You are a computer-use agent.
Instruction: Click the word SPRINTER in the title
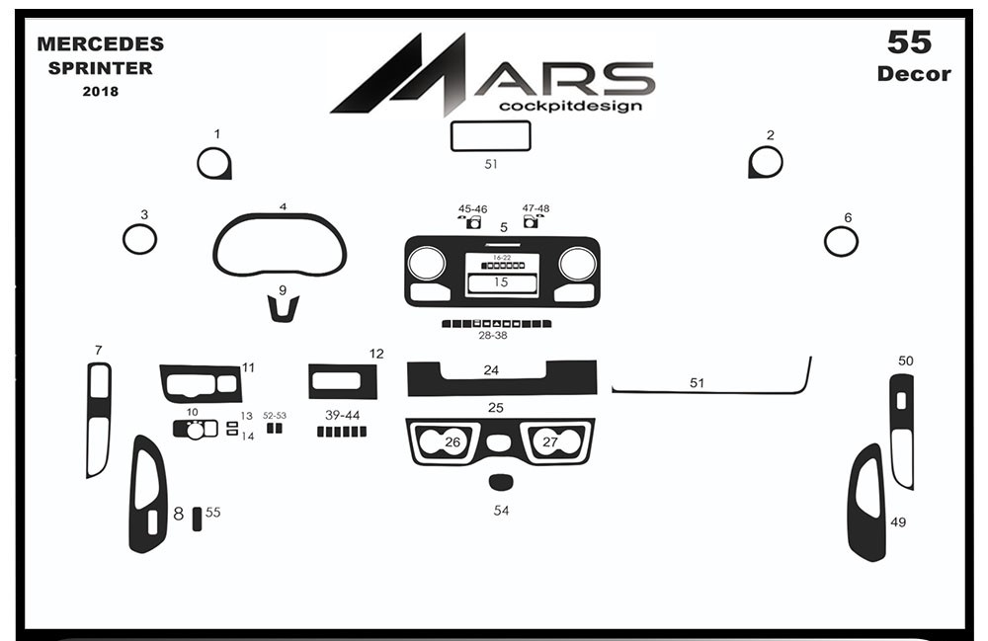coord(100,68)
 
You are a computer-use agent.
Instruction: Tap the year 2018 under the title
coord(100,91)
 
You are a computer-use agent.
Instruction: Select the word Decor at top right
coord(914,74)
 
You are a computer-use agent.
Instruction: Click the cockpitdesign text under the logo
coord(570,105)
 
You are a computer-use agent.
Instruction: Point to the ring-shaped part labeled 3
coord(124,239)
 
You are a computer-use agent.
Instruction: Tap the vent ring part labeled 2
coord(781,162)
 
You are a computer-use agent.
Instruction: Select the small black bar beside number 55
coord(198,519)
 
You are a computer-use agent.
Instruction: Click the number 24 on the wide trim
coord(491,370)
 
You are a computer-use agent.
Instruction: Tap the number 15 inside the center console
coord(501,282)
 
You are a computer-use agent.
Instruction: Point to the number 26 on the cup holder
coord(453,442)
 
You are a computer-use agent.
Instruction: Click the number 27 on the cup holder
coord(550,442)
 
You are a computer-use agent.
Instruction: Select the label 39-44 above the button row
coord(342,415)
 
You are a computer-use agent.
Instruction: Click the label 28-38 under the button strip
coord(493,336)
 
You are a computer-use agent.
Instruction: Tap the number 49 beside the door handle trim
coord(898,522)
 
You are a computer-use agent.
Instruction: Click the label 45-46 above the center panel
coord(472,209)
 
